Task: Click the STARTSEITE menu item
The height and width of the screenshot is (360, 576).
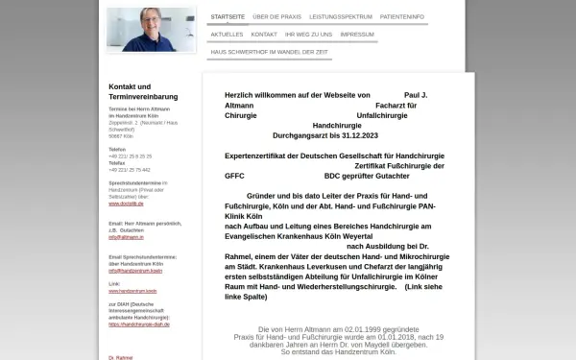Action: click(228, 17)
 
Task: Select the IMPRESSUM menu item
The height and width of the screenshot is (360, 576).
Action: click(357, 34)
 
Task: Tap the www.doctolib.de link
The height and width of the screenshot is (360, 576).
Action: click(128, 204)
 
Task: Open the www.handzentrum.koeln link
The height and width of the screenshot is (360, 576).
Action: click(132, 290)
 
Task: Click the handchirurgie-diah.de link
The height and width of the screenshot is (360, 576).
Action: click(140, 324)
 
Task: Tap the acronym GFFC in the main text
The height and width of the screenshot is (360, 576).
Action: click(235, 177)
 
